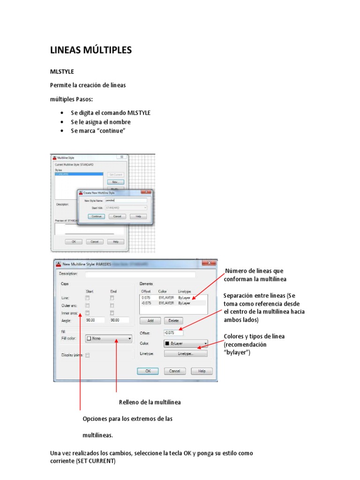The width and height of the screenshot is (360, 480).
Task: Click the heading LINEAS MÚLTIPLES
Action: coord(91,51)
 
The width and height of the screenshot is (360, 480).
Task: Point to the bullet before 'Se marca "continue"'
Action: coord(62,131)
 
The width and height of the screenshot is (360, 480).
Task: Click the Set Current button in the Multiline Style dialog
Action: coord(115,174)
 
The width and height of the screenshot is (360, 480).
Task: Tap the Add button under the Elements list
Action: coord(150,321)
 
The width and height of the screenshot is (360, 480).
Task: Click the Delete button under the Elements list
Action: coord(173,321)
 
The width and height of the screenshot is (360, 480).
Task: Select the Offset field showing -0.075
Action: coord(173,332)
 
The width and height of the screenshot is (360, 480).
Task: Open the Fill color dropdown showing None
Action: coord(108,338)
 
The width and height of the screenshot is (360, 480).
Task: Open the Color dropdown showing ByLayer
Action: coord(185,343)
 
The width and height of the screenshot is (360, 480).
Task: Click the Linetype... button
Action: coord(185,354)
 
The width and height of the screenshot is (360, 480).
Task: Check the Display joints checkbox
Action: coord(87,355)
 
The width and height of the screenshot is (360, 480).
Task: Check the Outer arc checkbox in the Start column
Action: coord(87,305)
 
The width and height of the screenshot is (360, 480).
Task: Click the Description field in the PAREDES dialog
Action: coord(140,274)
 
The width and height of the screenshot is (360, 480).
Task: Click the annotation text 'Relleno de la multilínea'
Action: coord(150,402)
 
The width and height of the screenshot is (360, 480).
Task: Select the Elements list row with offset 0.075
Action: coord(172,297)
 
